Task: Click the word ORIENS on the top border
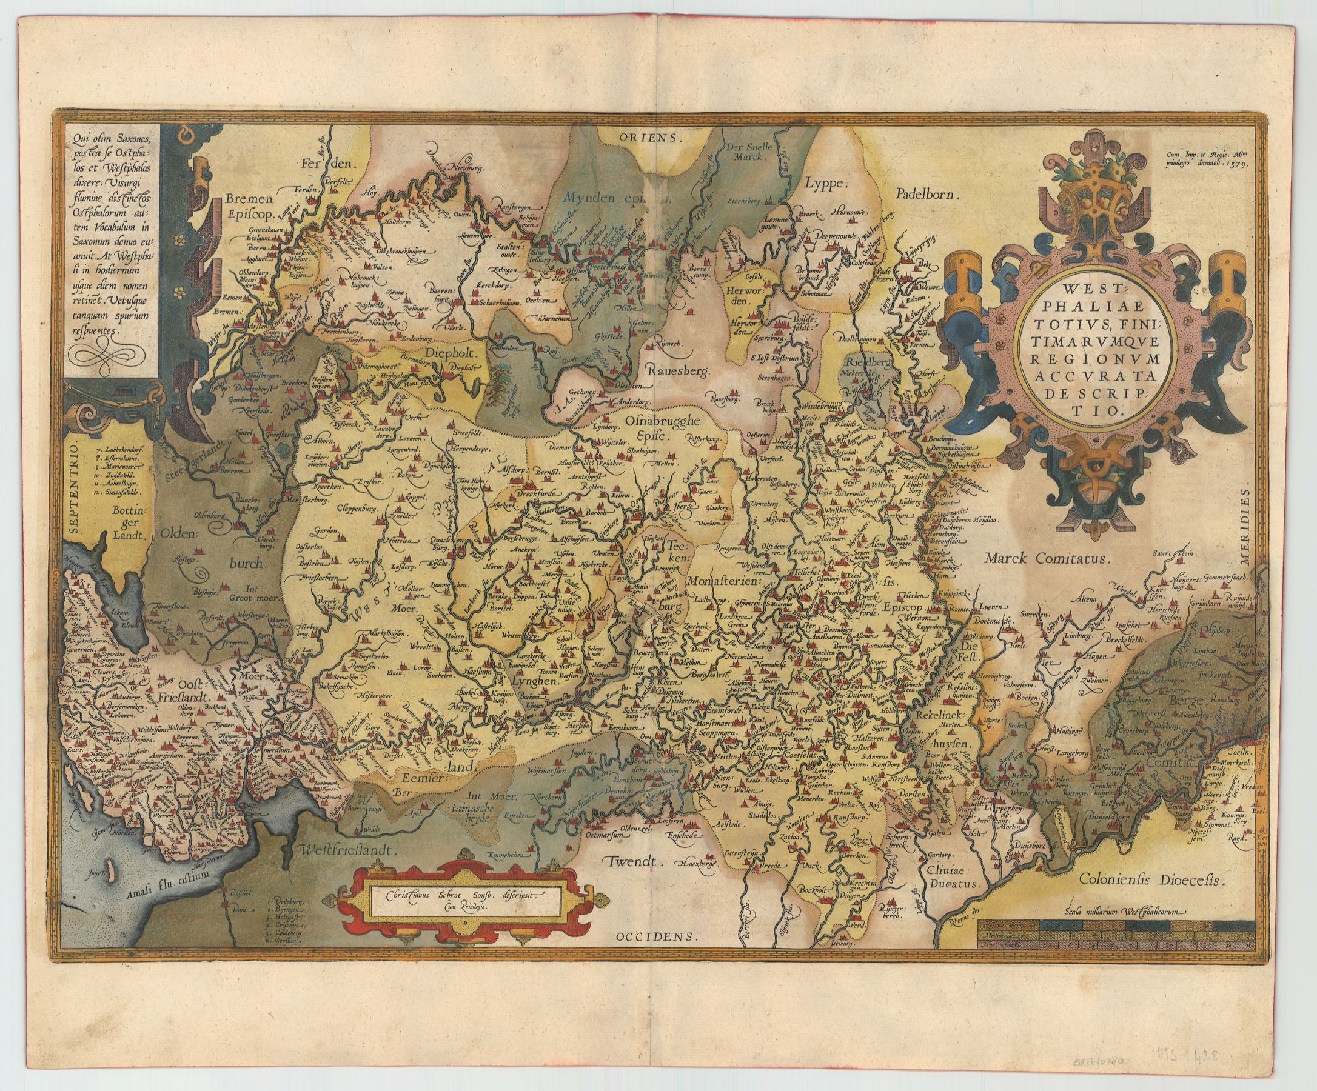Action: (657, 137)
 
